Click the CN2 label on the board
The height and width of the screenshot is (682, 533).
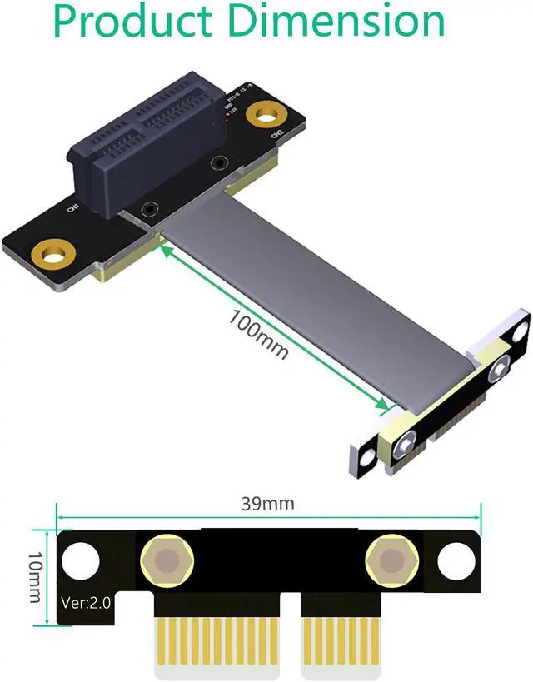[x=279, y=133]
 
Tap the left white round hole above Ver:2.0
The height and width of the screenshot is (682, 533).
[x=81, y=560]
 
